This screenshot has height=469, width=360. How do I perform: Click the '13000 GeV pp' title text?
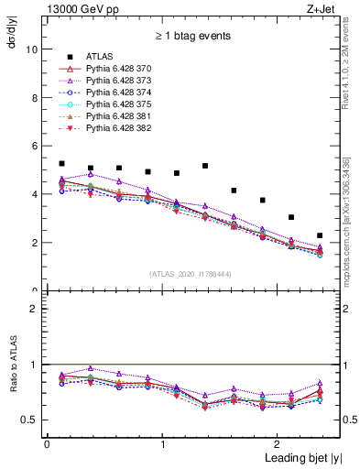[75, 8]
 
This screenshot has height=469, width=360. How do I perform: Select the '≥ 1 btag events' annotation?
[192, 36]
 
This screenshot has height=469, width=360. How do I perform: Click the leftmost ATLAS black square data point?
[61, 163]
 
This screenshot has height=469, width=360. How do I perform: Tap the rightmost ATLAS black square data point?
[320, 235]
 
